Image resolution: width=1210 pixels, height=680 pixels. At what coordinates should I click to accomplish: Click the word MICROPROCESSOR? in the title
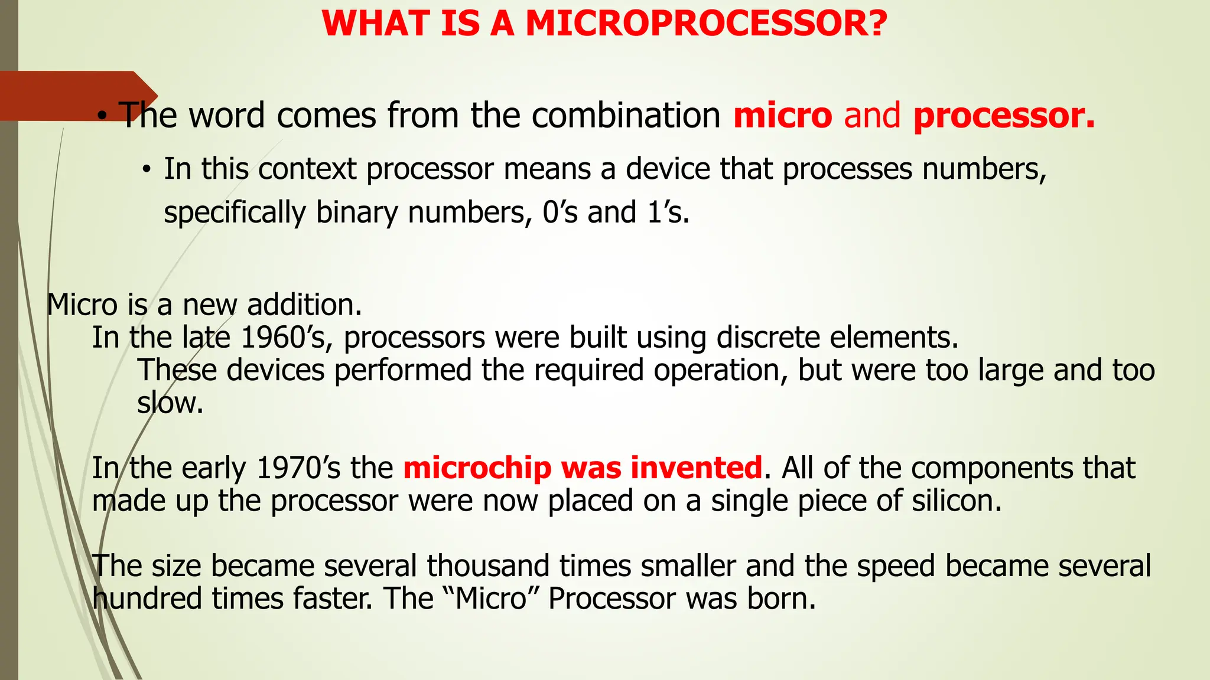pos(706,24)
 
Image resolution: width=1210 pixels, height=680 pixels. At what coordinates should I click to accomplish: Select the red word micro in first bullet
pos(782,115)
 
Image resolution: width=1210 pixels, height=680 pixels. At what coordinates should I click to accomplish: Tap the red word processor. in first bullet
pos(1004,116)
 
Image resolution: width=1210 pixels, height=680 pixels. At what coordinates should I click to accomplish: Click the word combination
pos(626,115)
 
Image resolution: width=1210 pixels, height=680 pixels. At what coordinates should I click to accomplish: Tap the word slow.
pos(170,403)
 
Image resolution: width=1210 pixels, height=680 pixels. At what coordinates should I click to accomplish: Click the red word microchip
pos(477,468)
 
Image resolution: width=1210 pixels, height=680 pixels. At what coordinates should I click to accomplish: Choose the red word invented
pos(696,468)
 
